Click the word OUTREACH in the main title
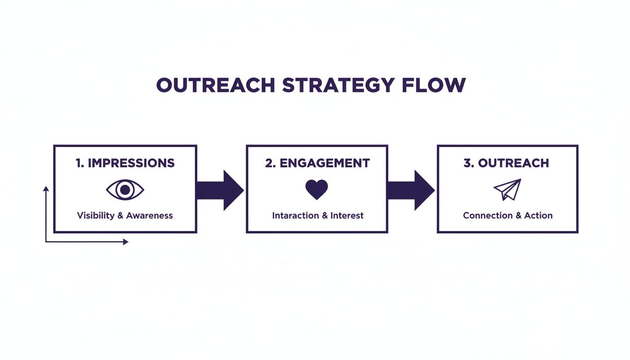pos(215,85)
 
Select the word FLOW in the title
pos(434,85)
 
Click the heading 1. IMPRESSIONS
pos(125,163)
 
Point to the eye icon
pos(125,190)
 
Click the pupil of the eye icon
pos(125,190)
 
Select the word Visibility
pos(96,216)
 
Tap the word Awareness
pos(150,216)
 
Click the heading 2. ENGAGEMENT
pos(317,163)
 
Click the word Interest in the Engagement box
pos(347,216)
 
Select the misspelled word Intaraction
pos(294,216)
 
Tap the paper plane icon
pos(508,189)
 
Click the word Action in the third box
pos(538,216)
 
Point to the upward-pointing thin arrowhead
pos(46,189)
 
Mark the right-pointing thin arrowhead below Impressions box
pos(125,242)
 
